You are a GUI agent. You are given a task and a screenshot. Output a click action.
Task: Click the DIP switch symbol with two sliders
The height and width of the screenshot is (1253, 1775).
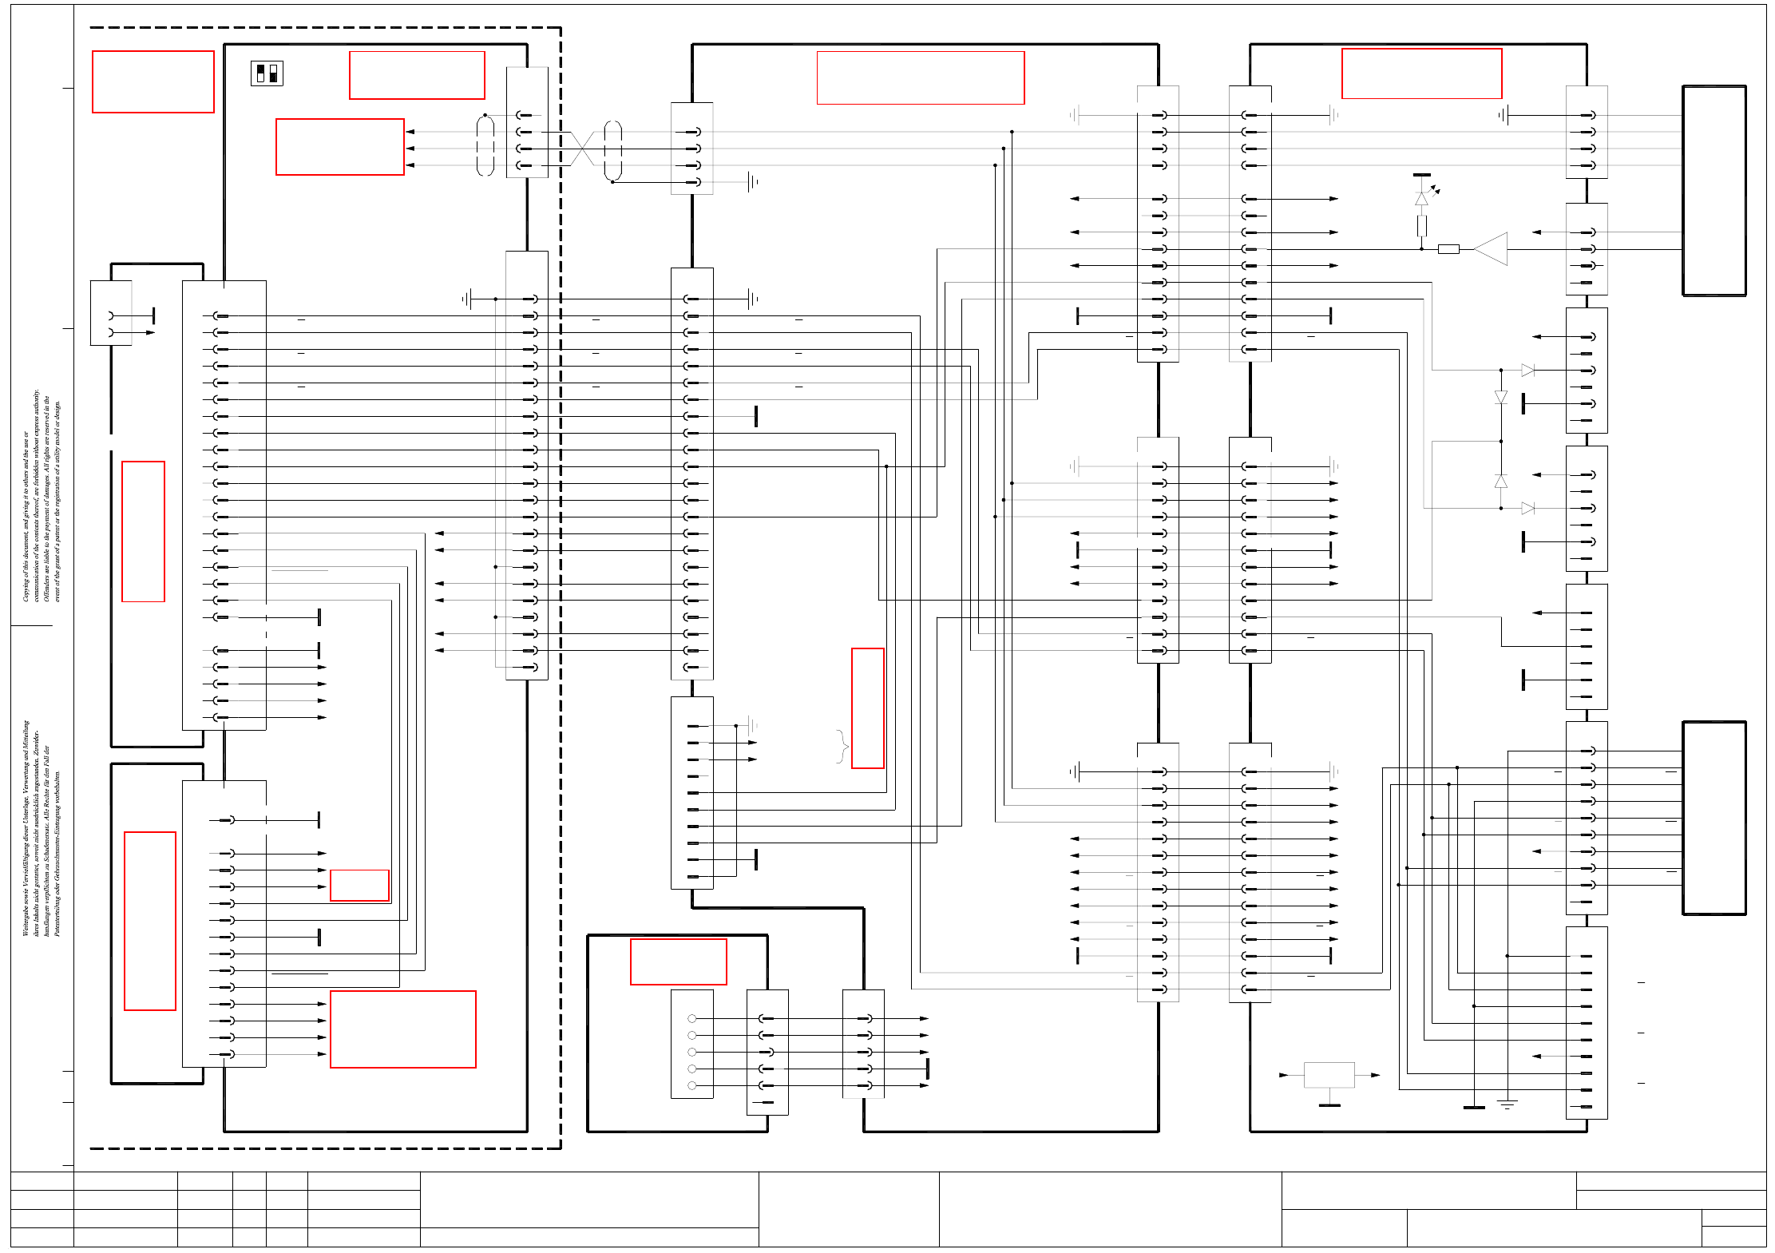267,73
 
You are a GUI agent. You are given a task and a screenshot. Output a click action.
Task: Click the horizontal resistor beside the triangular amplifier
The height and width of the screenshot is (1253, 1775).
1448,249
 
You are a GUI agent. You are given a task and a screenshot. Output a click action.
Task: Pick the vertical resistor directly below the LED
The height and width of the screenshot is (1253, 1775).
1422,226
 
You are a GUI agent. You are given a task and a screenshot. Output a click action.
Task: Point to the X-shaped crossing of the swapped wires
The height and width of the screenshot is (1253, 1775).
583,149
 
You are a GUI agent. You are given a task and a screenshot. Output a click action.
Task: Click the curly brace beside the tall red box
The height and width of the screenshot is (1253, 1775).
842,747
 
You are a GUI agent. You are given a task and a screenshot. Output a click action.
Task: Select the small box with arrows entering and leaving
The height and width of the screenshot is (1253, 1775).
1329,1075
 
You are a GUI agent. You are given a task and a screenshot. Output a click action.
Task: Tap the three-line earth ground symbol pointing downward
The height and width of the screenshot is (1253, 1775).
1507,1104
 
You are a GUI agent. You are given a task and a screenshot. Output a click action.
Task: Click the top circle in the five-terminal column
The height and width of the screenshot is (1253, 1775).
691,1018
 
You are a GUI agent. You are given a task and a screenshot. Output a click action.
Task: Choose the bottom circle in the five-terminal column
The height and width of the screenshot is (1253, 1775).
691,1085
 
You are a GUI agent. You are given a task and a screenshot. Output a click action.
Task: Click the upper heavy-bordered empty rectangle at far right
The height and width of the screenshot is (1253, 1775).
1714,191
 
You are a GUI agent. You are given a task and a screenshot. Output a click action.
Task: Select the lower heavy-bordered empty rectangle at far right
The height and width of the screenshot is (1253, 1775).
1714,818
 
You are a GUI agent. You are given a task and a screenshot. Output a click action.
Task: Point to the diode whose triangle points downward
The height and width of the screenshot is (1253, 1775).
1501,397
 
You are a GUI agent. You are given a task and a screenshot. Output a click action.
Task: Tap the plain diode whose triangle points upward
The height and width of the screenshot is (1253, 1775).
1501,481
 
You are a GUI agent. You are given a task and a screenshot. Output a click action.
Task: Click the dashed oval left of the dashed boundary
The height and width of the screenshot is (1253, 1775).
485,145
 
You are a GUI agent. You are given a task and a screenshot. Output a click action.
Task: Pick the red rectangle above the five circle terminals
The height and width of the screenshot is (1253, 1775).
679,962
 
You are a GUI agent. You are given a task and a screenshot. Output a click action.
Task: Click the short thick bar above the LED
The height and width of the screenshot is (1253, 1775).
1422,175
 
